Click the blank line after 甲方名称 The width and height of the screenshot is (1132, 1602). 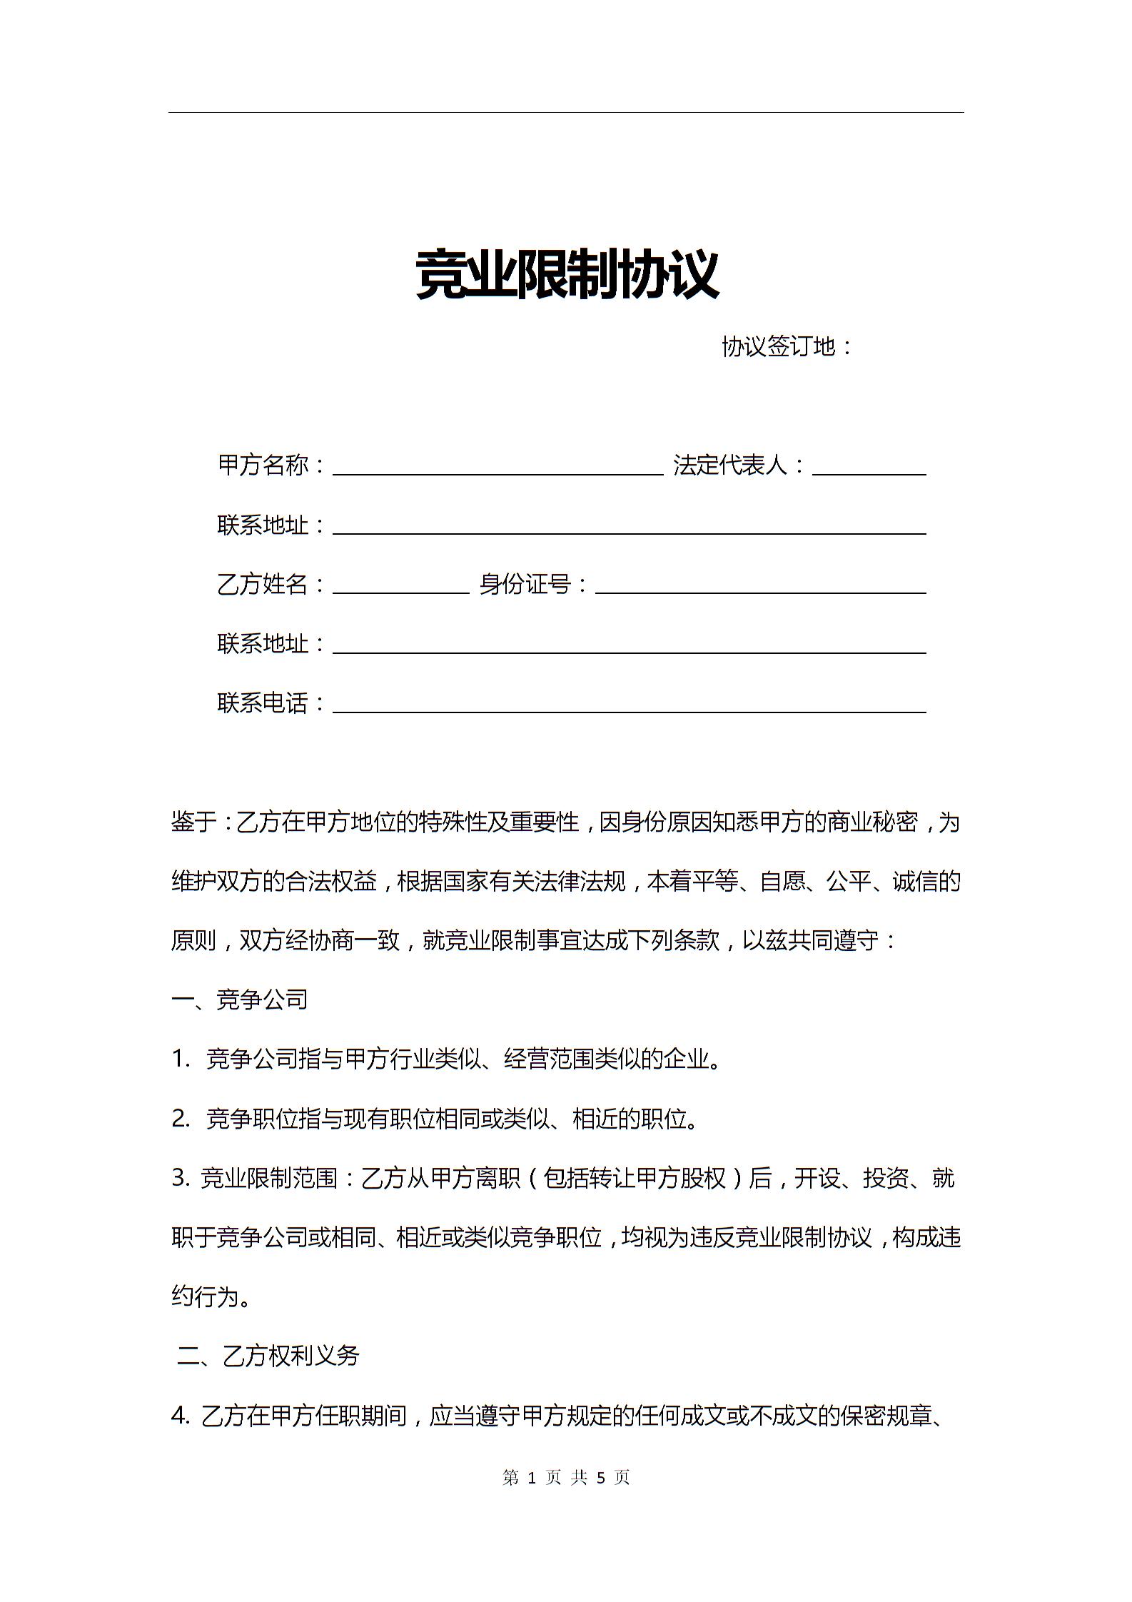point(497,468)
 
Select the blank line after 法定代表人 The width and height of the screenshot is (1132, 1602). point(869,468)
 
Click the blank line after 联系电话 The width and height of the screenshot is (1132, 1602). point(629,705)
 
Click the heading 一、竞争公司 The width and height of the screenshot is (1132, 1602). point(240,999)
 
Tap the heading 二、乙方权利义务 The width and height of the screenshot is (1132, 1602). point(268,1355)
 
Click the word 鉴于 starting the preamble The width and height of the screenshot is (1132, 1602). point(193,822)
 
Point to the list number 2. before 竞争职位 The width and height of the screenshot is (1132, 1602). point(181,1119)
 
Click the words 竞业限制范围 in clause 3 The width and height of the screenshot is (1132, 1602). point(269,1178)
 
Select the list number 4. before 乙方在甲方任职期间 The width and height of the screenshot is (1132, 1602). point(181,1415)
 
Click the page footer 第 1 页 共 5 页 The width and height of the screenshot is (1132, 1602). point(566,1477)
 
